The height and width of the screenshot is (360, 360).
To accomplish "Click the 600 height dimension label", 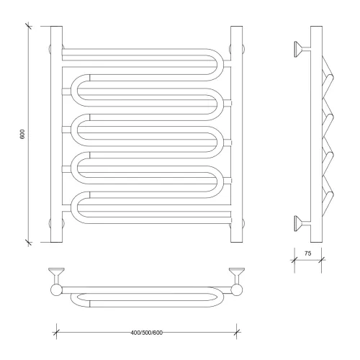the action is click(22, 134).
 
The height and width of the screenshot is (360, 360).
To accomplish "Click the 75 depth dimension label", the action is click(307, 253).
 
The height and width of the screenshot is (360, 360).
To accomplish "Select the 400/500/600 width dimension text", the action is click(146, 333).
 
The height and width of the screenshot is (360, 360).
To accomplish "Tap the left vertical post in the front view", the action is click(56, 134).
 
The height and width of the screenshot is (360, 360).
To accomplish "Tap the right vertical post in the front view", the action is click(236, 134).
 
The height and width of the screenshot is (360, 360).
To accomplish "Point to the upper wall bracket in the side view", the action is click(302, 49).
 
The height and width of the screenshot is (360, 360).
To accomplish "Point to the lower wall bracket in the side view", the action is click(302, 223).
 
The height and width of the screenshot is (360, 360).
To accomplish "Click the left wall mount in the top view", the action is click(56, 276).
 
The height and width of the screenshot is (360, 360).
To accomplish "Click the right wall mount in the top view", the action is click(237, 276).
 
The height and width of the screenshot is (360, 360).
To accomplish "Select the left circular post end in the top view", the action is click(56, 290).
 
